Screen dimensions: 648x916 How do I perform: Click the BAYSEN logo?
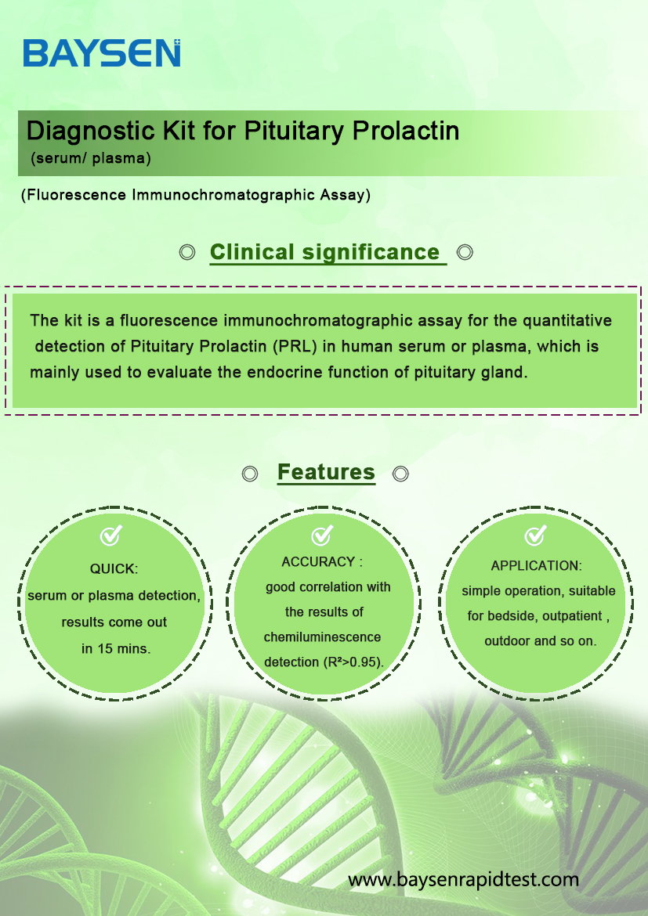pyautogui.click(x=102, y=53)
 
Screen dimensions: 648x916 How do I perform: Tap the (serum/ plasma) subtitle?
pyautogui.click(x=91, y=158)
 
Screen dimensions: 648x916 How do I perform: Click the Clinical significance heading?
pyautogui.click(x=324, y=252)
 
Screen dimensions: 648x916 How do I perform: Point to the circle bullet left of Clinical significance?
pyautogui.click(x=187, y=252)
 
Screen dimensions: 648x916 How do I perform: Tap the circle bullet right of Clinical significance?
pyautogui.click(x=465, y=252)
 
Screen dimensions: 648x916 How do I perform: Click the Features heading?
pyautogui.click(x=326, y=472)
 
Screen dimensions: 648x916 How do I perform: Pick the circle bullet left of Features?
pyautogui.click(x=250, y=474)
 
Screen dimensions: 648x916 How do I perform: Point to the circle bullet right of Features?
pyautogui.click(x=400, y=474)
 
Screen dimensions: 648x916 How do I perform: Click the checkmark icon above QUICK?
pyautogui.click(x=110, y=535)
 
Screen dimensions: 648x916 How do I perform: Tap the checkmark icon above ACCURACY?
pyautogui.click(x=322, y=535)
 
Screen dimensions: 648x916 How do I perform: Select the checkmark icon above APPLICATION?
pyautogui.click(x=535, y=535)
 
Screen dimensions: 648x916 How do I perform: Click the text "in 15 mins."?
pyautogui.click(x=116, y=649)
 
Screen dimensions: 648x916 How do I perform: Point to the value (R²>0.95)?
pyautogui.click(x=352, y=662)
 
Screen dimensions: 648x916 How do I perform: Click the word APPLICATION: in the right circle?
pyautogui.click(x=536, y=565)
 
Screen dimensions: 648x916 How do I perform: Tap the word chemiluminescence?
pyautogui.click(x=322, y=637)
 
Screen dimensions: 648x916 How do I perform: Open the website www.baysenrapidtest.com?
pyautogui.click(x=463, y=879)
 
